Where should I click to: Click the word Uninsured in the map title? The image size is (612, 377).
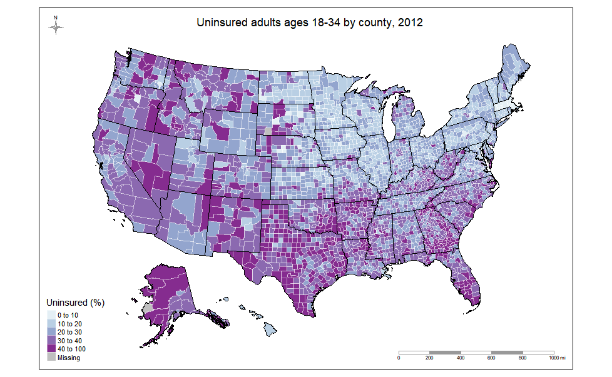click(220, 23)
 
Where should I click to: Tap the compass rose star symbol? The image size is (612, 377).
click(56, 28)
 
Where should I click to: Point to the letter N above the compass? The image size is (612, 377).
click(56, 18)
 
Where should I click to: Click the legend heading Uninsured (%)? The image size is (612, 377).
click(76, 302)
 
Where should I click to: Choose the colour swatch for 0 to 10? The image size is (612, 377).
click(51, 314)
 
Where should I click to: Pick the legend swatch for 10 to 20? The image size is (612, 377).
click(51, 323)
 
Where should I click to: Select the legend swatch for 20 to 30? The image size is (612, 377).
click(51, 332)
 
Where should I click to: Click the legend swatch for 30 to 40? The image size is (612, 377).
click(51, 341)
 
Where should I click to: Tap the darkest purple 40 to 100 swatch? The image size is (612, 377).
click(51, 349)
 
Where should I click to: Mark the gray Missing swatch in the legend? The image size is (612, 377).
click(51, 358)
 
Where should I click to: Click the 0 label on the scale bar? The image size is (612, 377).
click(399, 358)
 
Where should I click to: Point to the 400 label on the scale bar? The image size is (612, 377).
click(461, 358)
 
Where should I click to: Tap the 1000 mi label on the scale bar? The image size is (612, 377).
click(556, 358)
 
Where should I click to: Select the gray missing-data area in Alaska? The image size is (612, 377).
click(148, 308)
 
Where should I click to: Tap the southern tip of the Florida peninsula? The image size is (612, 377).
click(475, 304)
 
